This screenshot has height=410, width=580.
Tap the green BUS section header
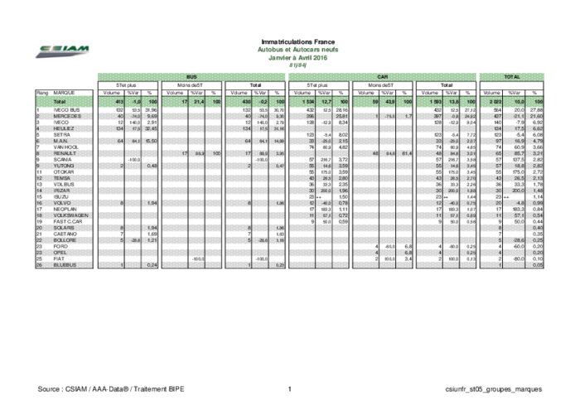(191, 77)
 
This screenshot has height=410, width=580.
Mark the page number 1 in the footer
(290, 388)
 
